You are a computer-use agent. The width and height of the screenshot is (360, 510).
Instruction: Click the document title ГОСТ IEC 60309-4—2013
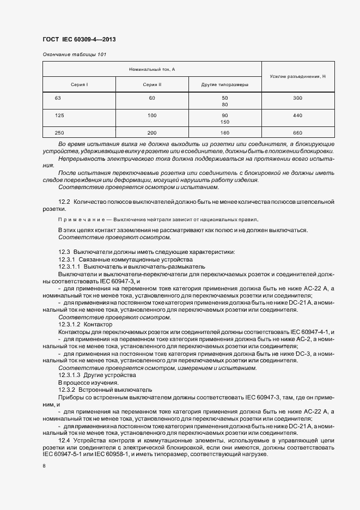78,40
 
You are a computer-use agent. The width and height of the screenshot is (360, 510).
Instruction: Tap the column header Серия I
79,84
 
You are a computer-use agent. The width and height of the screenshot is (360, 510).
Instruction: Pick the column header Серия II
152,84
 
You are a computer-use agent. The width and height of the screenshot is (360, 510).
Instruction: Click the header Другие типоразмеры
224,84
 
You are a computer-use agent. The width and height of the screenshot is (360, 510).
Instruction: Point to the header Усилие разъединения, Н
298,77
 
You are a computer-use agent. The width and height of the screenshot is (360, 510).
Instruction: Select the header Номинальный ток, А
152,69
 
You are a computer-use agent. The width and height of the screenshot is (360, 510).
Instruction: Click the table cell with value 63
58,98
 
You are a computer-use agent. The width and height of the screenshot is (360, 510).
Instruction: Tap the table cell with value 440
297,116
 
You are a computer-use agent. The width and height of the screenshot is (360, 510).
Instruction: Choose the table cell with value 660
297,133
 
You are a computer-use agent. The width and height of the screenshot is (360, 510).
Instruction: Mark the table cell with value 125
60,116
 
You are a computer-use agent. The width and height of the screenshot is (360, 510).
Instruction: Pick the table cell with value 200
152,133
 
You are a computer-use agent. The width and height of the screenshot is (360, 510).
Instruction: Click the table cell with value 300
297,98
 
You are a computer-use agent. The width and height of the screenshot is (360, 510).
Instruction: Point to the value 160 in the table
224,133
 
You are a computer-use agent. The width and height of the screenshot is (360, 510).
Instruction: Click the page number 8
44,466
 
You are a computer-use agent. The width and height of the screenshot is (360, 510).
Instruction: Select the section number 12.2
64,202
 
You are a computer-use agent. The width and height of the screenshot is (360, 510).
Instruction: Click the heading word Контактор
97,324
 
